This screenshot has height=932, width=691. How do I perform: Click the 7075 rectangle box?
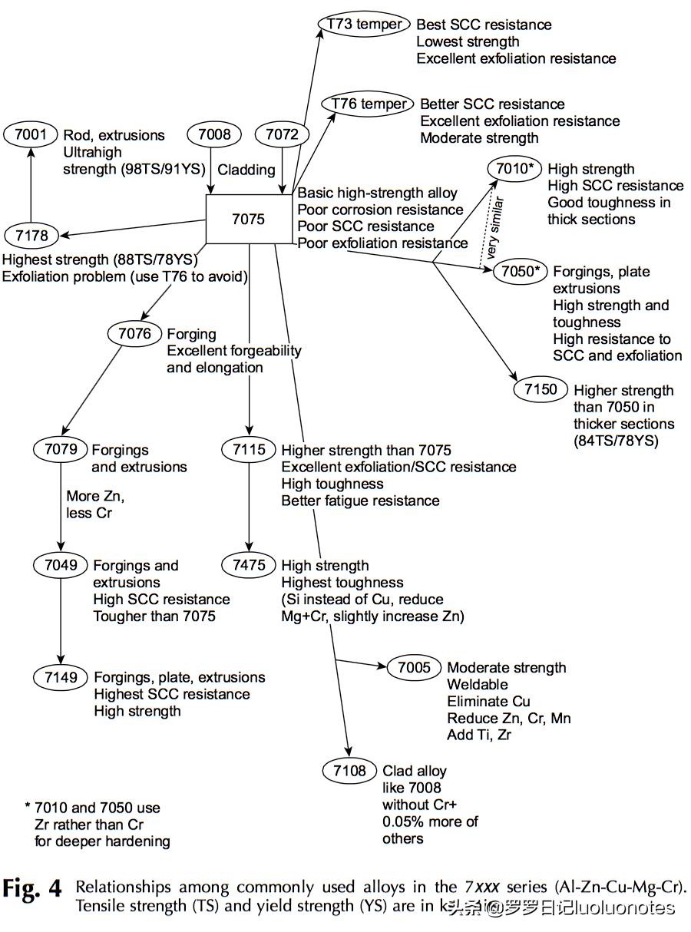248,219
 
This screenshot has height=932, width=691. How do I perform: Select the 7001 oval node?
30,135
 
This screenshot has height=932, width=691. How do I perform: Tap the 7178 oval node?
30,235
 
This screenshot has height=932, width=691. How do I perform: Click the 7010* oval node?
514,169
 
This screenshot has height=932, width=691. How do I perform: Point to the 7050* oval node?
519,271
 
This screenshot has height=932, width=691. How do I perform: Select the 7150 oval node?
541,389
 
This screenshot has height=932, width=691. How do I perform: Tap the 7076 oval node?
135,334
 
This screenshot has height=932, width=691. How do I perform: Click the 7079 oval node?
61,449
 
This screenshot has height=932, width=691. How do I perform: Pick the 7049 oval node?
61,565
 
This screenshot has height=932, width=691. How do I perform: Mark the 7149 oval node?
61,676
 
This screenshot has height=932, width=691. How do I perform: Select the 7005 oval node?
414,667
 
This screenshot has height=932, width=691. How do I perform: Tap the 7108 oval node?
349,770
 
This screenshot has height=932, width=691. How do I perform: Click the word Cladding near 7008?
246,169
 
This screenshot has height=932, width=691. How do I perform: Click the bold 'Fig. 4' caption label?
32,889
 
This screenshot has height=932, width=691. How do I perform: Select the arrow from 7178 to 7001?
30,184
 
